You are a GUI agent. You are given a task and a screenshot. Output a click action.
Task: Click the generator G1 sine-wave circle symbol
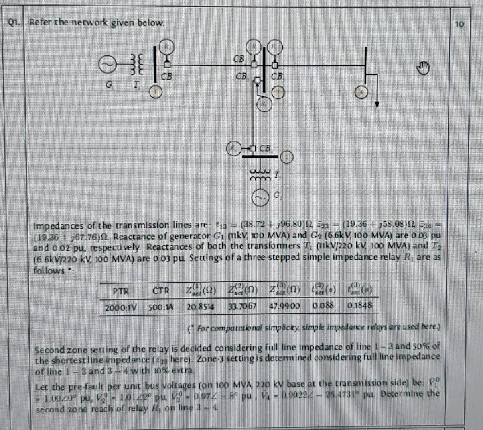coord(106,67)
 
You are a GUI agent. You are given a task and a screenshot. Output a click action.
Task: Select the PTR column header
coord(121,291)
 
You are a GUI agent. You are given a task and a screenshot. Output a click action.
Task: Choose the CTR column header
coord(161,291)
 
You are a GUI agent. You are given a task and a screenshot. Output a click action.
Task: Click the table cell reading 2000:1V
coord(121,307)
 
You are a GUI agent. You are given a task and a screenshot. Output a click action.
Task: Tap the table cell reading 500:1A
coord(162,307)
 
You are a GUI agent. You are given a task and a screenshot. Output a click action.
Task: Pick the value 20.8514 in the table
coord(201,307)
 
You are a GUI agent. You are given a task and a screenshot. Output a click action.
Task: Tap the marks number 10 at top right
coord(459,24)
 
